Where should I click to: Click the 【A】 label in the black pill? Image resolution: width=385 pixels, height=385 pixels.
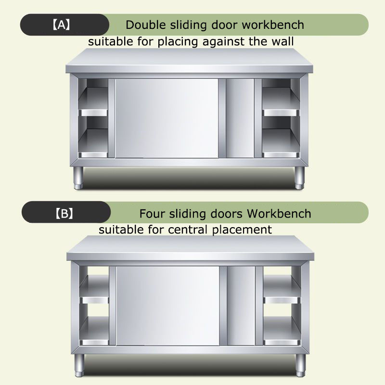pos(62,25)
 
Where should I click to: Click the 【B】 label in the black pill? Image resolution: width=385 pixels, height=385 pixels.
pos(64,213)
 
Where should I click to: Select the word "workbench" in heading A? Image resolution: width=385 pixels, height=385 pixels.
pos(273,25)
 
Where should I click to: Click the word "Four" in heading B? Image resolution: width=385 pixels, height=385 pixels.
pos(152,214)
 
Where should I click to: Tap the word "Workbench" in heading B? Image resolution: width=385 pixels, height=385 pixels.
pos(279,213)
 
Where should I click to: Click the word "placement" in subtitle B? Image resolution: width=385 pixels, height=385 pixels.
pos(242,230)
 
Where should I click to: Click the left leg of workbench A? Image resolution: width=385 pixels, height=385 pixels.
pos(78,178)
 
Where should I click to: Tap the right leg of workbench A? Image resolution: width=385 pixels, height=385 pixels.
pos(299,178)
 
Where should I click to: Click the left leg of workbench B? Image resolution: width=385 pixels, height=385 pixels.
pos(79,365)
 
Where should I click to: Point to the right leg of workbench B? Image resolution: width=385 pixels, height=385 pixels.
pos(300,365)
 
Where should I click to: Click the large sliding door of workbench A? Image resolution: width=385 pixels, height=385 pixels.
pos(167,118)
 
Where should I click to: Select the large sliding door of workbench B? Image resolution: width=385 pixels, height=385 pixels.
pos(167,306)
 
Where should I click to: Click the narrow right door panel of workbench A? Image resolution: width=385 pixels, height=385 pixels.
pos(240,118)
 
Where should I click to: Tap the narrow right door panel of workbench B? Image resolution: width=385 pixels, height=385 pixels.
pos(241,306)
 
